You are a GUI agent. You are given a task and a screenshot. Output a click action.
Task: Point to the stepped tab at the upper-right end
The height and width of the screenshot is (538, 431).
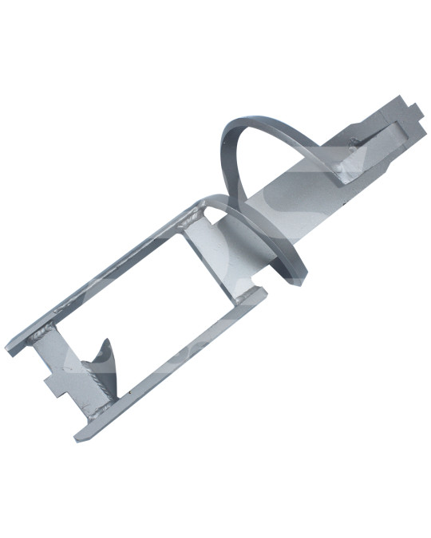pyautogui.click(x=403, y=112)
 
